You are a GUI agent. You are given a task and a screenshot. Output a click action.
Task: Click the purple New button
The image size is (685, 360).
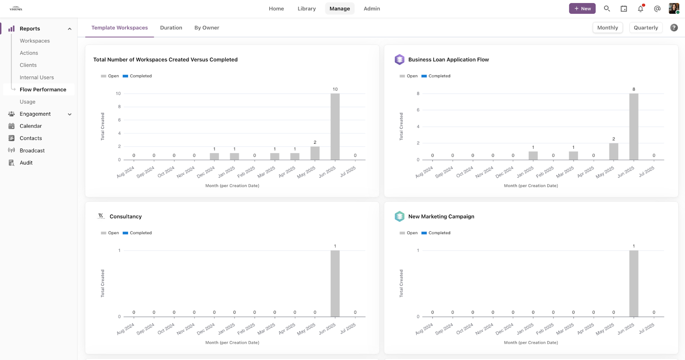[x=582, y=9]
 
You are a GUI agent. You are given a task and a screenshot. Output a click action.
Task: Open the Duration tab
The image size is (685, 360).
[x=171, y=28]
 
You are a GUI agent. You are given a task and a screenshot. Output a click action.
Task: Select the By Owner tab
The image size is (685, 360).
[x=206, y=28]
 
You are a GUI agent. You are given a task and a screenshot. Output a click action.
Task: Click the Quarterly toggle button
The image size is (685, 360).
[x=646, y=28]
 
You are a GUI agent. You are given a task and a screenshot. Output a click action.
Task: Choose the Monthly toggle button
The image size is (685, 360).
[x=608, y=28]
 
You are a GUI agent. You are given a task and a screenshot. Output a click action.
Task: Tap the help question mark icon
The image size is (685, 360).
[x=674, y=28]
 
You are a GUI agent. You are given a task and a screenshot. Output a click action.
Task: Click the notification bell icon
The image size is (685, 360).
[x=640, y=9]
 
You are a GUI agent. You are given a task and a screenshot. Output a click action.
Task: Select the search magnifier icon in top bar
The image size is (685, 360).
[x=607, y=9]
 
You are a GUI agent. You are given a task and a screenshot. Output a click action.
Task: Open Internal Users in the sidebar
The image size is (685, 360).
[x=37, y=77]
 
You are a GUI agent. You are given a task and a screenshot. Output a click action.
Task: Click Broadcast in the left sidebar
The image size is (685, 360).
[x=32, y=151]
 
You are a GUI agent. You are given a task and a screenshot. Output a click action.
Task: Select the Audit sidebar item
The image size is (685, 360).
[x=26, y=163]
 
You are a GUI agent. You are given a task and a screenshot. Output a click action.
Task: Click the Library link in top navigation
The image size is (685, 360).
[x=307, y=9]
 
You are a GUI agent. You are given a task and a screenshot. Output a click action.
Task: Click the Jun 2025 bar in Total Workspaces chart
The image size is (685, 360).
[x=335, y=127]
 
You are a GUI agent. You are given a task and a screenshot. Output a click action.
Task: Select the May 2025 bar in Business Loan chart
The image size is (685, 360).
[x=614, y=152]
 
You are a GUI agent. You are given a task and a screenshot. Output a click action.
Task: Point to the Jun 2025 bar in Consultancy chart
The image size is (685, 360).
[x=335, y=283]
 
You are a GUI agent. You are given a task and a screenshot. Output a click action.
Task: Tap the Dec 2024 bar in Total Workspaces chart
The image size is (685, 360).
[x=214, y=157]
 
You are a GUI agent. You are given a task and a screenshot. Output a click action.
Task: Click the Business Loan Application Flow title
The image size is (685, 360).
[x=448, y=60]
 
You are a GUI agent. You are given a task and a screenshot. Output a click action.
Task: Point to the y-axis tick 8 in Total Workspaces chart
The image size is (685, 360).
[x=119, y=107]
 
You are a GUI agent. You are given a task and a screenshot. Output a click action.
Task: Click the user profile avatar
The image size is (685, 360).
[x=673, y=9]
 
